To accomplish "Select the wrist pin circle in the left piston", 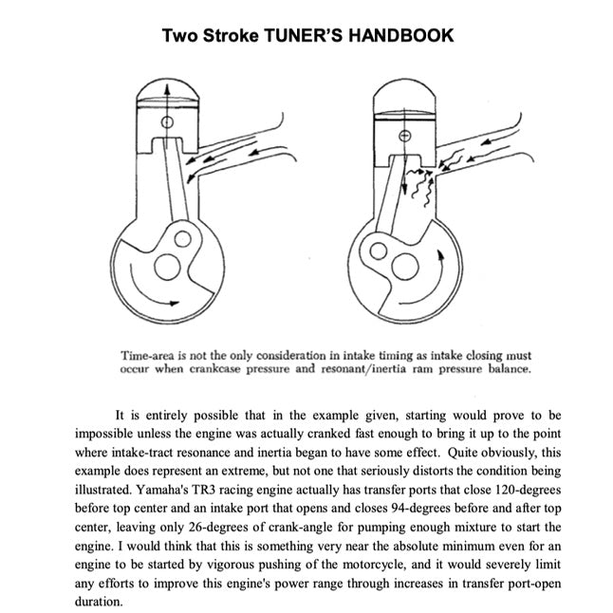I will [169, 134].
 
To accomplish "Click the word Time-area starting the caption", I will [152, 354].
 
